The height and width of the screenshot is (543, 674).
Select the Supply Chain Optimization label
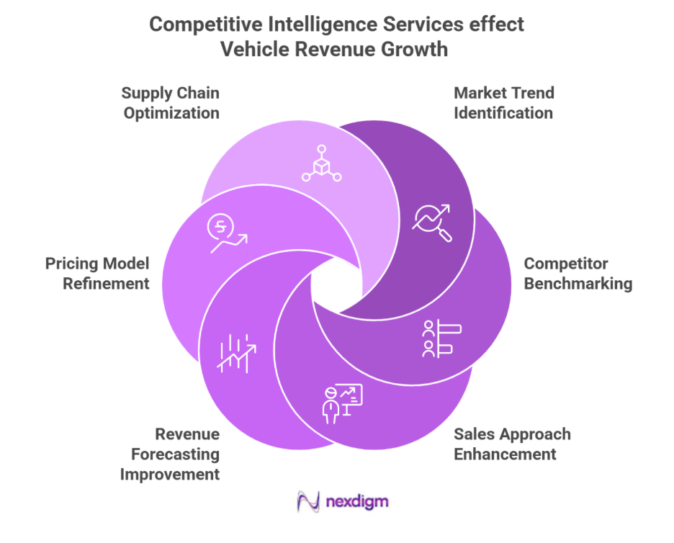click(x=171, y=103)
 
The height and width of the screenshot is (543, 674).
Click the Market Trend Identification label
click(x=503, y=103)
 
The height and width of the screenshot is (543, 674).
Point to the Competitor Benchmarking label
click(x=578, y=274)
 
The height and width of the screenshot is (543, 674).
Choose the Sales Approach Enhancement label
click(x=512, y=444)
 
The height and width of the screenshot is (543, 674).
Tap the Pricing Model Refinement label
click(x=98, y=274)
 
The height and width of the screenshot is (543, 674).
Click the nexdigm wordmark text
click(x=356, y=502)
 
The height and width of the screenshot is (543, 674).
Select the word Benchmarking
click(x=578, y=283)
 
